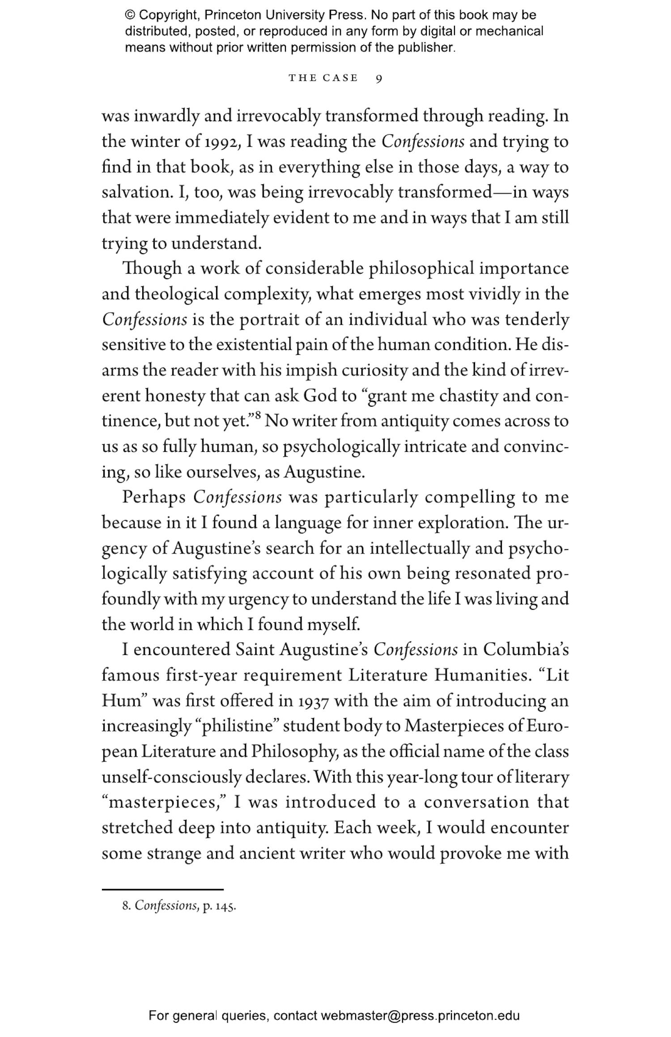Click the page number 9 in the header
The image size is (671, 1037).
pos(378,79)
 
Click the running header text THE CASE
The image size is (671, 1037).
pos(323,78)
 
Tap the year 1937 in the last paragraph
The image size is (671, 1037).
pos(313,701)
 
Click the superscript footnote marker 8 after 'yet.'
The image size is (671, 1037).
pos(258,417)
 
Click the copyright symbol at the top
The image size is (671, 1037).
pos(130,15)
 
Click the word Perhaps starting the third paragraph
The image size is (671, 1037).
pos(154,497)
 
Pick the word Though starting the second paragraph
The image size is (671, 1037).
pos(152,269)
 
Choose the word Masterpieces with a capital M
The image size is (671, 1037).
pos(453,726)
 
